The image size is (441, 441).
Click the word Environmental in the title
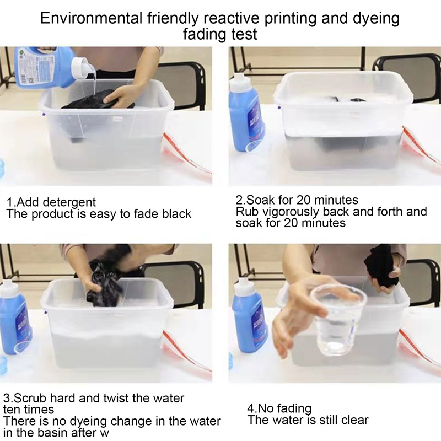click(x=92, y=18)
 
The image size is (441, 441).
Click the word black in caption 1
click(x=176, y=214)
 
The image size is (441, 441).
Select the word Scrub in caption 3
click(x=31, y=398)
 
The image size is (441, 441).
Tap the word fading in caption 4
click(x=295, y=408)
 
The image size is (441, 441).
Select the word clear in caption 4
click(x=354, y=420)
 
